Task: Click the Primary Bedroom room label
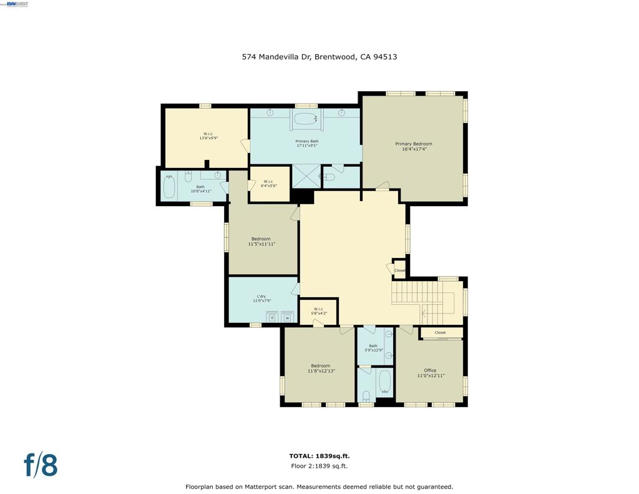[x=413, y=146]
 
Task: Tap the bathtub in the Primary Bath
[x=306, y=119]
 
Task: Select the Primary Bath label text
[x=306, y=144]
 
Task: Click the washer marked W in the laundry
[x=288, y=317]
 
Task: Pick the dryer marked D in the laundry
[x=271, y=317]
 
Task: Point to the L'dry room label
[x=262, y=298]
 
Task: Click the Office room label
[x=430, y=373]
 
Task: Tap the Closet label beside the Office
[x=440, y=333]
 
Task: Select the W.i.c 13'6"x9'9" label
[x=208, y=136]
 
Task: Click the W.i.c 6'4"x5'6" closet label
[x=269, y=184]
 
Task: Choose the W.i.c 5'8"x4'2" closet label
[x=318, y=311]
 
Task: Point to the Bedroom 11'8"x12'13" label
[x=321, y=368]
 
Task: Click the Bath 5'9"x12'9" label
[x=373, y=348]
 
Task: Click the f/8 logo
[x=41, y=465]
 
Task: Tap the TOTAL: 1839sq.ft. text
[x=319, y=456]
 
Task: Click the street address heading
[x=319, y=57]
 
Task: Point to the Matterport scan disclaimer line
[x=319, y=487]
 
